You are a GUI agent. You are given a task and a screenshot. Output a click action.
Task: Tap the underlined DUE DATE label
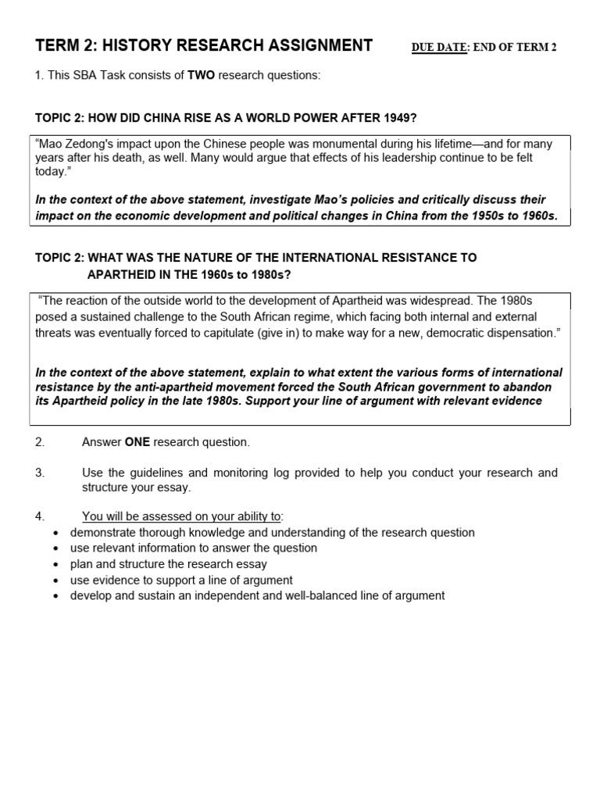[x=437, y=48]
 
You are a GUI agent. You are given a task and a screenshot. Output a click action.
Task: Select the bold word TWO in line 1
[x=202, y=75]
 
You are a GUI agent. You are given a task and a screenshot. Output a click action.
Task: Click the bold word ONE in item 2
[x=137, y=442]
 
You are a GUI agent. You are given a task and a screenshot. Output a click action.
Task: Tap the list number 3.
[x=39, y=473]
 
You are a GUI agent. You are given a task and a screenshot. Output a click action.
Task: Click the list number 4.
[x=39, y=516]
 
